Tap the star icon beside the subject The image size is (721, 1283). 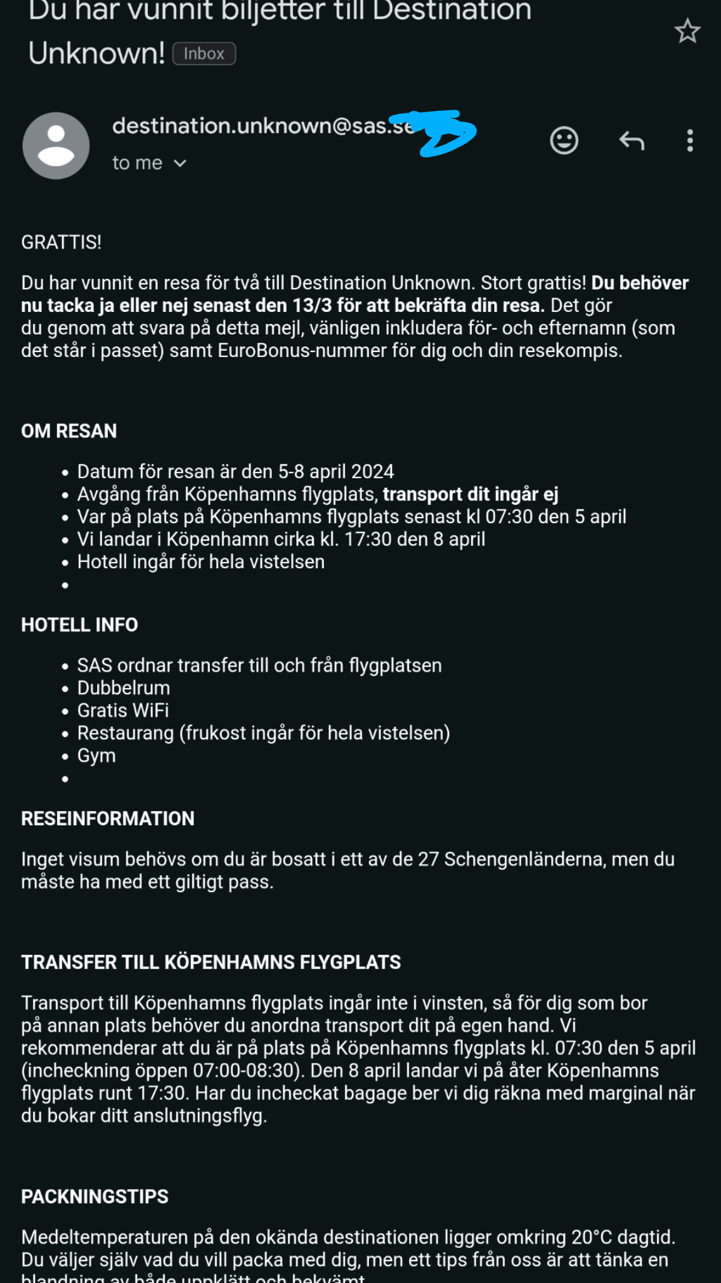(x=687, y=31)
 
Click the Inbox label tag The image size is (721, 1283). (x=204, y=54)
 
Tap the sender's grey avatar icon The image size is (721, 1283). (x=56, y=145)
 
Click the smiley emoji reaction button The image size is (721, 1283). (x=564, y=140)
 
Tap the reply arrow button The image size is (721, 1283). (x=631, y=141)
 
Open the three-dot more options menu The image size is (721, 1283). (x=690, y=141)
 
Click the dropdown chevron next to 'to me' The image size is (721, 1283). (x=180, y=164)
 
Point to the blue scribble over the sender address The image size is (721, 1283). (x=438, y=132)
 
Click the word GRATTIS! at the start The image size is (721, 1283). (x=61, y=242)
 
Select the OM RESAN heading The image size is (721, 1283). (x=69, y=431)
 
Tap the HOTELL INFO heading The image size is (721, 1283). (x=80, y=625)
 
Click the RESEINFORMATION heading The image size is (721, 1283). (x=108, y=818)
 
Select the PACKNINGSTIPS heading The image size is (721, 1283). (x=95, y=1197)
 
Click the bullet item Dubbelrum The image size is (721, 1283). (x=123, y=688)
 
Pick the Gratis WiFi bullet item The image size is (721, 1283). (x=123, y=710)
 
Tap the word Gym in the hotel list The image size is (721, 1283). (x=96, y=756)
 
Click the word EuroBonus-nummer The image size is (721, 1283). (x=303, y=351)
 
